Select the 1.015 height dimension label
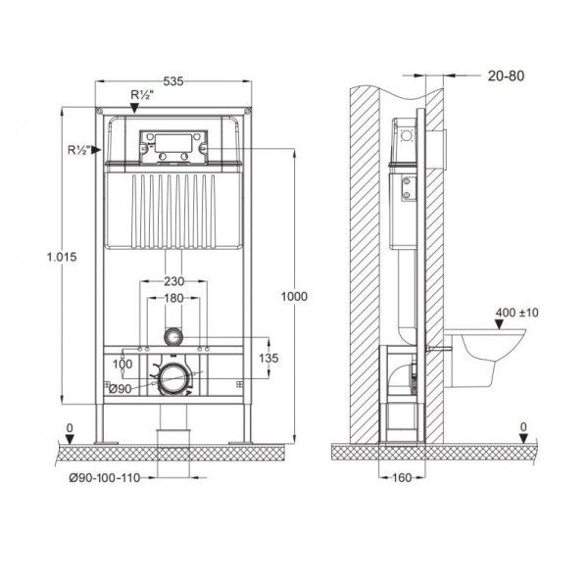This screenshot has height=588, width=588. coord(62,255)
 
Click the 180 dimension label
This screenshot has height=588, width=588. coord(174,300)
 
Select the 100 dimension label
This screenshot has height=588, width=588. coord(122,364)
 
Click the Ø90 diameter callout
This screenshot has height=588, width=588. coord(121,389)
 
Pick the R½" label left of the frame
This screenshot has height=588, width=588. coord(80,149)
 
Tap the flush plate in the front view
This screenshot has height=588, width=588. coord(174,146)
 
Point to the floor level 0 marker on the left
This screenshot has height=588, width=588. coord(68,428)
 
